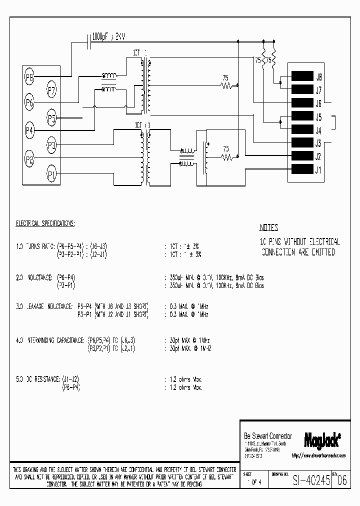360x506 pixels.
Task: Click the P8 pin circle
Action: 29,77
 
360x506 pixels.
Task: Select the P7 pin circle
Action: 51,90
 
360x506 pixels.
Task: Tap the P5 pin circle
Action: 51,118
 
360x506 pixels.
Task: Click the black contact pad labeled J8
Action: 301,77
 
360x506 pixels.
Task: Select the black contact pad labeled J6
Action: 301,103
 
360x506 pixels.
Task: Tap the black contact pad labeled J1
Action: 301,169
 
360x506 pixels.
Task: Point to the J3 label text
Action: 318,143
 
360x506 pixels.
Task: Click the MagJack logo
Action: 322,439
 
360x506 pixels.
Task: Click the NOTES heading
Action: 268,227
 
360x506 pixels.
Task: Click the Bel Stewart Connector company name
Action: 267,436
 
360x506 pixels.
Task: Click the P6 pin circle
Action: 29,103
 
